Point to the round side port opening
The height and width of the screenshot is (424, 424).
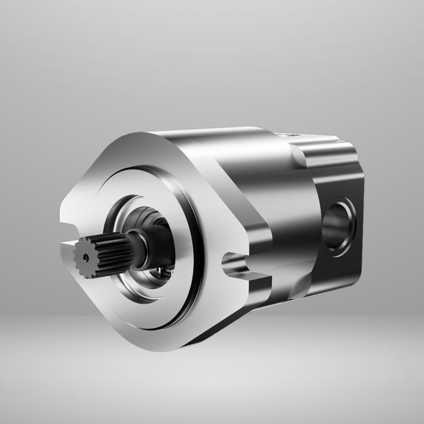[x=338, y=224]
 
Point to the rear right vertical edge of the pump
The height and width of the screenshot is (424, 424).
[x=362, y=221]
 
